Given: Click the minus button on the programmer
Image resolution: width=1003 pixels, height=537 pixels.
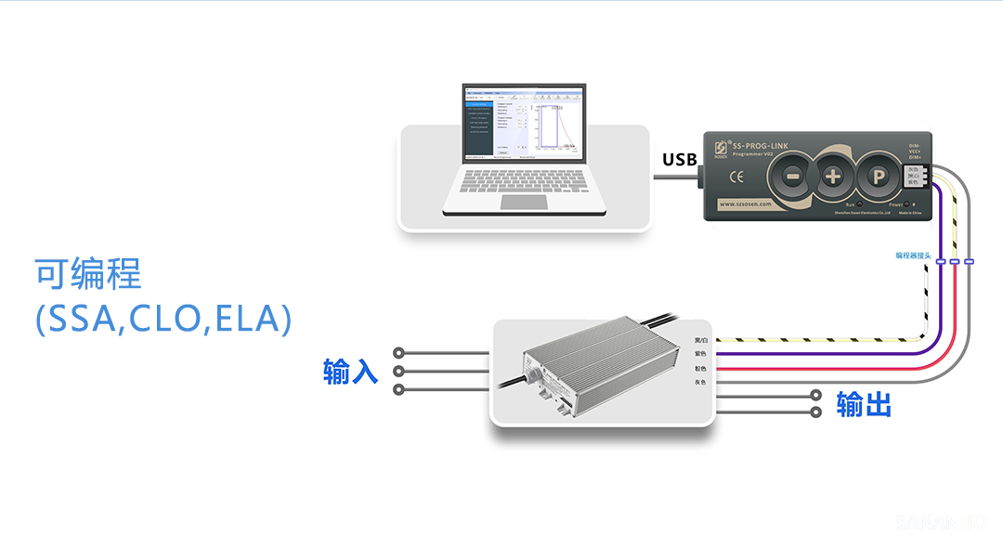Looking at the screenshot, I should pos(793,176).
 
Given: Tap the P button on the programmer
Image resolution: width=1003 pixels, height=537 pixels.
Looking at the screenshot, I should pos(874,176).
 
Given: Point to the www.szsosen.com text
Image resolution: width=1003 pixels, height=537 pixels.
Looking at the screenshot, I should pos(746,204).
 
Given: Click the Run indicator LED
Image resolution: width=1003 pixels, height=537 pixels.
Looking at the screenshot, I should pos(859,203).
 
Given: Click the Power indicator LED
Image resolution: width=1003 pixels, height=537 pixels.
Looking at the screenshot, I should pos(912,203).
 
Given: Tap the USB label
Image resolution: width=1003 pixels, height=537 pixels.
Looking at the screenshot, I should pos(679,160).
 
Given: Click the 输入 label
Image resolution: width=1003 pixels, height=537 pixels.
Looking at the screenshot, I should pos(350,372).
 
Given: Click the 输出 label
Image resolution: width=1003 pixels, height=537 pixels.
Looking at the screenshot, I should pos(864,405).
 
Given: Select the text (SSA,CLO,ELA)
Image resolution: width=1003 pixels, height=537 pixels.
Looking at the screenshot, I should pos(163,319).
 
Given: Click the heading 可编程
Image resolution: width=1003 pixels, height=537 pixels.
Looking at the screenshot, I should pos(88,275).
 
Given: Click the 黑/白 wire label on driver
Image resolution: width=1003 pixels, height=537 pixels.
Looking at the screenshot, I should pos(700,340).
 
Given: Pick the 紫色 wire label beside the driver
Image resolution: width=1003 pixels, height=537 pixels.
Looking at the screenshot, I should pos(700,354).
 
